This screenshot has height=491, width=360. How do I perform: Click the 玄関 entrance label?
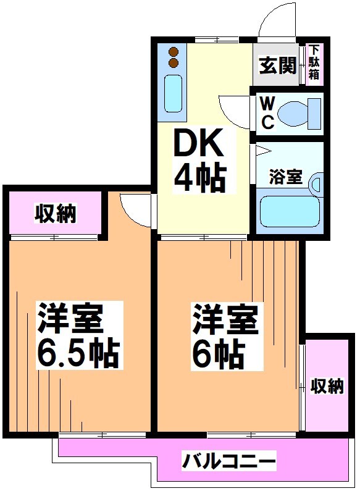[277, 65]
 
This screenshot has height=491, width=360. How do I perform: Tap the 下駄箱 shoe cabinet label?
[314, 62]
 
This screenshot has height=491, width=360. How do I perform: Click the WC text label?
[267, 112]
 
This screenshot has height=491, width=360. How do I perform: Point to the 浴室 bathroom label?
[285, 177]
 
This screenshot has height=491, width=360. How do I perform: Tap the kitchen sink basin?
[175, 94]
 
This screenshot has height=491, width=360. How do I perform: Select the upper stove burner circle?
[174, 52]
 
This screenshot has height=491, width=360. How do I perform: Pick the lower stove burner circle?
[174, 62]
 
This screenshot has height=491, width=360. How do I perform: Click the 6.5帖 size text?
[77, 354]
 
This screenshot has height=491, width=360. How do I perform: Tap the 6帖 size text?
[217, 354]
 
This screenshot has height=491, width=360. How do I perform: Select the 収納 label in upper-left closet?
[54, 214]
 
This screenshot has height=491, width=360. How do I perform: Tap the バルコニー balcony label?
[228, 460]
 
